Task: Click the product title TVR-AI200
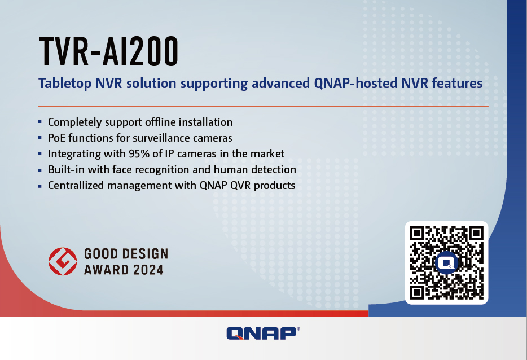(x=108, y=51)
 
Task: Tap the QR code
(x=446, y=263)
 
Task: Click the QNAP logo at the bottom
(x=263, y=333)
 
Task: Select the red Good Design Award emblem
(x=63, y=261)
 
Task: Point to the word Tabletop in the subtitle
(x=65, y=84)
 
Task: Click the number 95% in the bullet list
(x=139, y=153)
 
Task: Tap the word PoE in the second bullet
(x=57, y=138)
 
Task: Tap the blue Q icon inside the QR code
(x=446, y=263)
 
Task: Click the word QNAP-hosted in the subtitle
(x=355, y=84)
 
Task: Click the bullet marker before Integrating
(x=40, y=153)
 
